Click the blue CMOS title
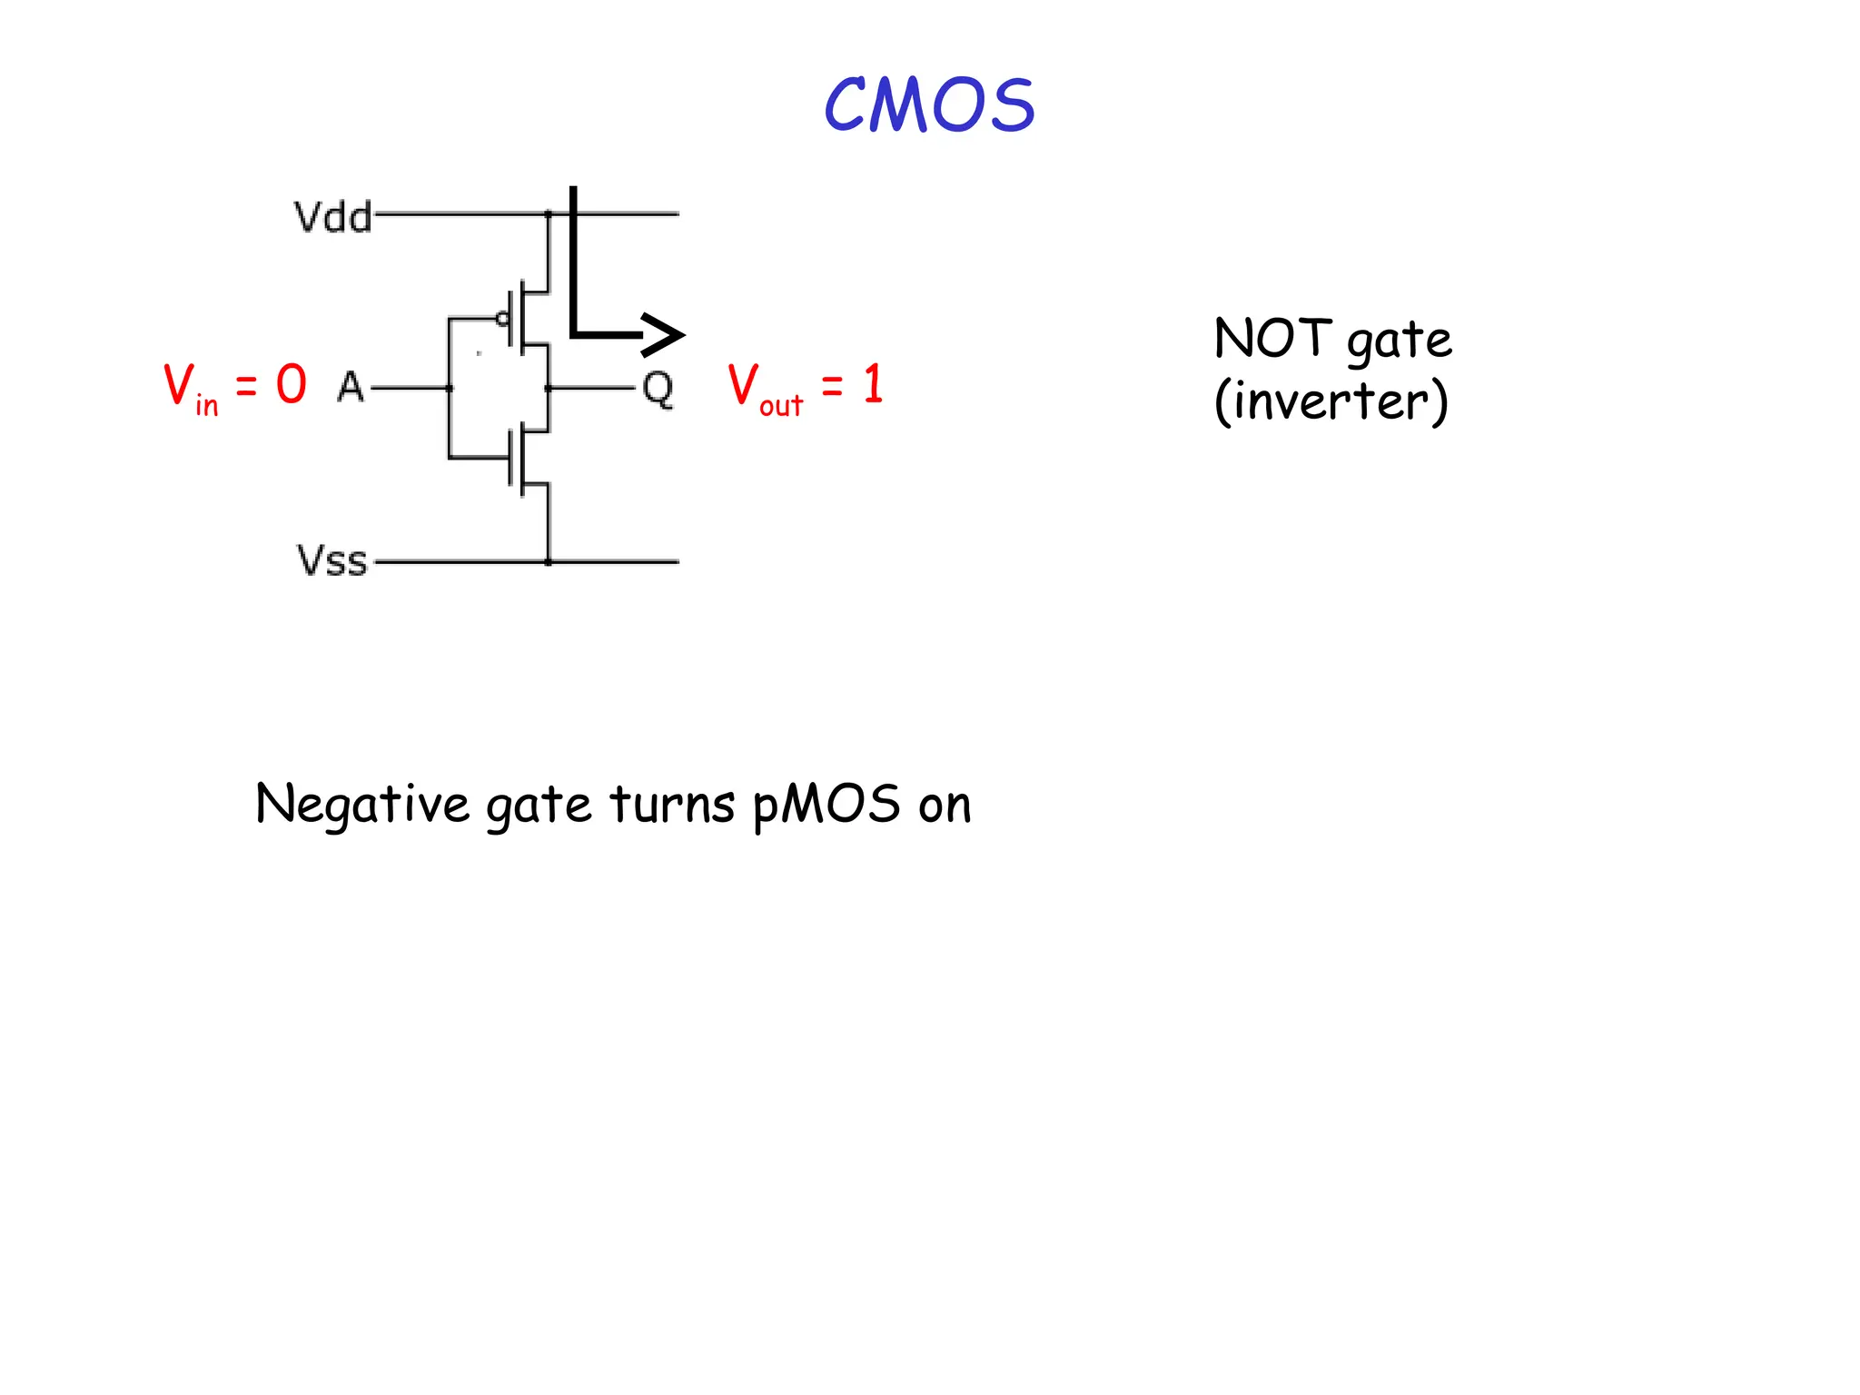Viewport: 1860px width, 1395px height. [929, 105]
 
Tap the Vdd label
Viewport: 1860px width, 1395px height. [332, 218]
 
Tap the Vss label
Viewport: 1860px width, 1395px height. [332, 560]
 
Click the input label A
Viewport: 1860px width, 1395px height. [351, 388]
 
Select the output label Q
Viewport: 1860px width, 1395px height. [658, 390]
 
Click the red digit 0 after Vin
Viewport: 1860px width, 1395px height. [292, 384]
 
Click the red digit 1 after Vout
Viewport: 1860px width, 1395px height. [873, 384]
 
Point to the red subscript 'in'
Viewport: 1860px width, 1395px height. [207, 404]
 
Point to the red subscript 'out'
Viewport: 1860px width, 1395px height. [781, 405]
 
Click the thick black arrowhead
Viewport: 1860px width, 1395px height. [663, 334]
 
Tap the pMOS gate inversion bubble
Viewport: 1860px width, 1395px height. [502, 319]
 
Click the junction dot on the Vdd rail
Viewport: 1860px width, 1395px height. [549, 214]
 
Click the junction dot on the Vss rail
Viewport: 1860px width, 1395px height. [549, 562]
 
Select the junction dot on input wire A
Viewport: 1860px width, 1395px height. [450, 389]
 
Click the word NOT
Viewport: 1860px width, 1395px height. [1272, 339]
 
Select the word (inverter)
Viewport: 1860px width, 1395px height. [1331, 401]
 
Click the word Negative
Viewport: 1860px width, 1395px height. [362, 805]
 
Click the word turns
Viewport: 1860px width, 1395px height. [672, 805]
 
